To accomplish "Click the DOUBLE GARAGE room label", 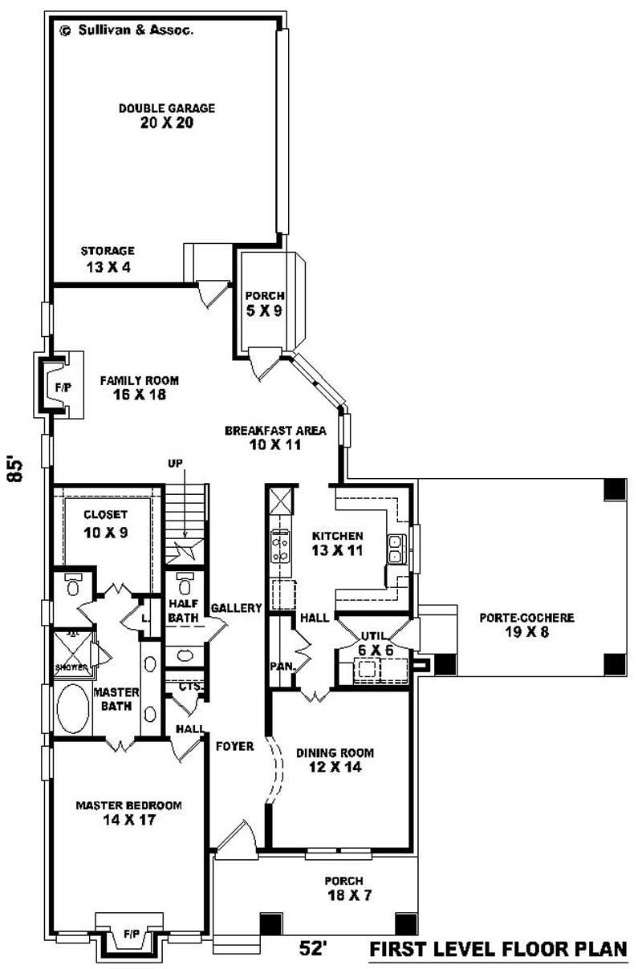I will point(167,116).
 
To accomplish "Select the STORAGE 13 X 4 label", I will point(108,258).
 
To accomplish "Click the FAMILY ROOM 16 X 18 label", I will point(139,387).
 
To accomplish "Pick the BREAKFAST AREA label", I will point(274,437).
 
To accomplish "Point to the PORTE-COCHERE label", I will point(526,626).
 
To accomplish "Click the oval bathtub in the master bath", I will point(74,709).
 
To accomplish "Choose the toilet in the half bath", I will point(184,581).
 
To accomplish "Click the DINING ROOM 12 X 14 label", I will point(335,760).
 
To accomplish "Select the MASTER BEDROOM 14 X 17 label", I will point(128,813).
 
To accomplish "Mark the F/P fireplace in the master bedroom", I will point(131,935).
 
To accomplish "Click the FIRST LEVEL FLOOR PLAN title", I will point(498,950).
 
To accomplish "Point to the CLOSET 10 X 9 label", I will point(107,523).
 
